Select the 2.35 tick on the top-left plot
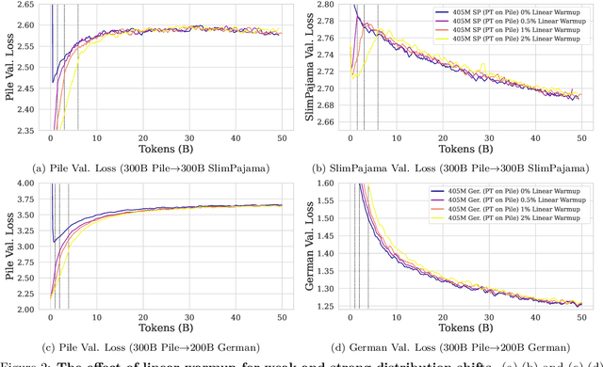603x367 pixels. [x=24, y=131]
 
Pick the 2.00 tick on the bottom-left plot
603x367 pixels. [x=24, y=308]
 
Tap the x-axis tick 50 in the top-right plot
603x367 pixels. [x=580, y=138]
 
